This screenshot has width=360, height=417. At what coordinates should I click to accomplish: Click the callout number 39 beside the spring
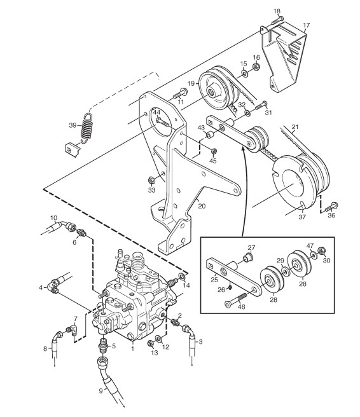(73, 125)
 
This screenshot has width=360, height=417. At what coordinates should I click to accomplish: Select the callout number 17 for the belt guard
(306, 25)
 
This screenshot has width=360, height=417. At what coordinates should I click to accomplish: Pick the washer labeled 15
(244, 73)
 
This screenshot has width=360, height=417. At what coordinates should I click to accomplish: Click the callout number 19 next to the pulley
(191, 83)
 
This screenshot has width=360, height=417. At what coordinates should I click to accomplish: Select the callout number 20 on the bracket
(202, 206)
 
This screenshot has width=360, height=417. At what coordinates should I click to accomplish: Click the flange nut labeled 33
(151, 181)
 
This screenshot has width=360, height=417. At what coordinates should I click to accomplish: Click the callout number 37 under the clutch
(302, 217)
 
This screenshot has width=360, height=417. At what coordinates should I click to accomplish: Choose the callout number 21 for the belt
(295, 127)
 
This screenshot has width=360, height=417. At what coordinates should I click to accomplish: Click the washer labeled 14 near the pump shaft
(183, 277)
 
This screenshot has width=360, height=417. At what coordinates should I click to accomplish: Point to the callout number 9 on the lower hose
(100, 391)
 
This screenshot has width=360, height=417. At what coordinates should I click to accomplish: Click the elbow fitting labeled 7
(73, 330)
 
